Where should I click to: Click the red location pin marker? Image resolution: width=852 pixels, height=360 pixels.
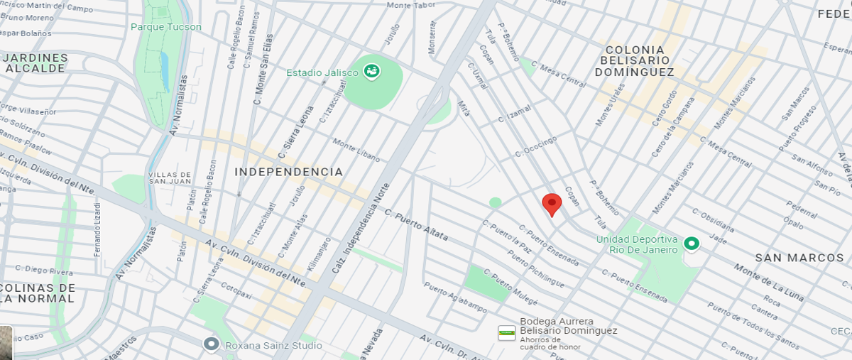point(552,204)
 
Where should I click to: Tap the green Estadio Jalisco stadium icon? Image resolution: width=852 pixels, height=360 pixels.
point(371,71)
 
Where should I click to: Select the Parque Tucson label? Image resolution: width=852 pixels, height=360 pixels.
point(166,27)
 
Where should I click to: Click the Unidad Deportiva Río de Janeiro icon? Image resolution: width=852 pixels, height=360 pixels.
point(691,244)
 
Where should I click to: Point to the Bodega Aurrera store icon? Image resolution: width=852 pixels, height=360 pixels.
point(506,332)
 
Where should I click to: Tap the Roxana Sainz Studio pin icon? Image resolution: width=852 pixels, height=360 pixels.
point(211,344)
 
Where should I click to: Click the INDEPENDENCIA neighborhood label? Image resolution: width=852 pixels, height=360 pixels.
point(288,172)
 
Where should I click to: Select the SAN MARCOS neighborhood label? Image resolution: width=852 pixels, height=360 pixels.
point(799,258)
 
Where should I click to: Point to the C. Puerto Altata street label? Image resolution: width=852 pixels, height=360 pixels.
point(416,223)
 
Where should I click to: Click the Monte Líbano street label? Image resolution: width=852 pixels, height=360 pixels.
point(356,150)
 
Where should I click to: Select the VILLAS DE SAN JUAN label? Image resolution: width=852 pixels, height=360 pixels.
point(170,178)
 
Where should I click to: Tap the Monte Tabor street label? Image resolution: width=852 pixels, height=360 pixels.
point(410,6)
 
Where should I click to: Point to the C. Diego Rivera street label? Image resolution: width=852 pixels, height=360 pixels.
point(43,271)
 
